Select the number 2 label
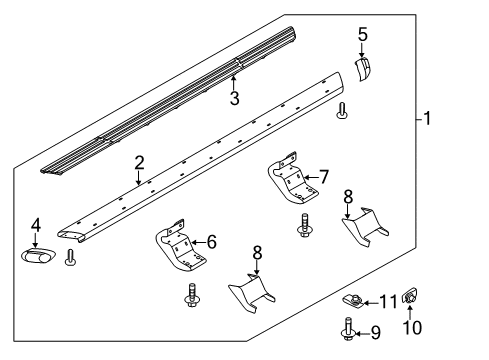(140, 162)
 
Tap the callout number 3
(234, 98)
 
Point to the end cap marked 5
(362, 69)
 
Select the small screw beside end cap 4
(69, 257)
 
